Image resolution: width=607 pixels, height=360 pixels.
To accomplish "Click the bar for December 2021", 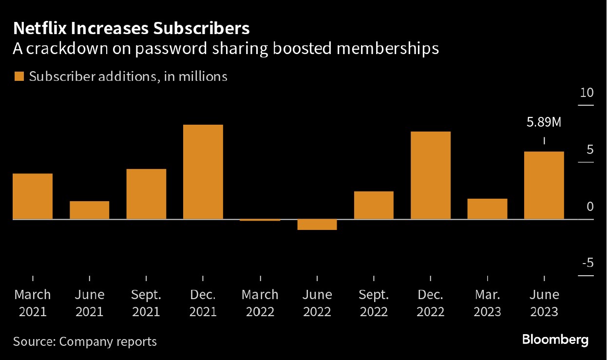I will [203, 172].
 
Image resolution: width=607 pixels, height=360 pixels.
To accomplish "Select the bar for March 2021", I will [32, 196].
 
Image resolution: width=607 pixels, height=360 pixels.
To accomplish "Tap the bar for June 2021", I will [89, 210].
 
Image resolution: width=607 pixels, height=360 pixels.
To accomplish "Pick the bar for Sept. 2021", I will [146, 194].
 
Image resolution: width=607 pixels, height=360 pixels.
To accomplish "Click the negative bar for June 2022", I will [317, 225].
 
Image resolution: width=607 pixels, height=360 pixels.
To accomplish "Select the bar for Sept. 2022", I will [374, 205].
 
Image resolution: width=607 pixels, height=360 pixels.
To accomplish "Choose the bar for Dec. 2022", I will [431, 175].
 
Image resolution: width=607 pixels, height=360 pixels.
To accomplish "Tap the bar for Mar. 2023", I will [487, 209].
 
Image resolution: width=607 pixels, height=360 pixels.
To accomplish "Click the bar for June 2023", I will [544, 185].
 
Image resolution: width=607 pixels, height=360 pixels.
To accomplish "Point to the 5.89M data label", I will [544, 122].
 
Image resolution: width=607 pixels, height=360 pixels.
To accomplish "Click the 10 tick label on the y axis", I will [587, 93].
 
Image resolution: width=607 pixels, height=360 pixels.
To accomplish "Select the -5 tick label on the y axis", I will [587, 263].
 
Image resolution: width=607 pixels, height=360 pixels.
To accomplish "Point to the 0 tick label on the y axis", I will [590, 207].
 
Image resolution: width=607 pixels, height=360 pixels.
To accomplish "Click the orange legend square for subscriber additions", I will [19, 76].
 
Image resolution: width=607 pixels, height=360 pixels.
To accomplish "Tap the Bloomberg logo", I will [555, 340].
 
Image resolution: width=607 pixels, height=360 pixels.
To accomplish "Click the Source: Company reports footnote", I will [85, 341].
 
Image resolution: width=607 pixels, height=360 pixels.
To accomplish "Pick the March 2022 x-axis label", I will [260, 303].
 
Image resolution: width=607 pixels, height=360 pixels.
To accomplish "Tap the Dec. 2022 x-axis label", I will [431, 303].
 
